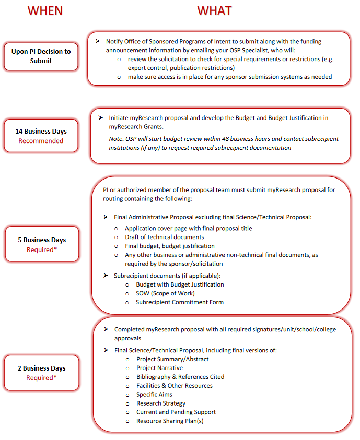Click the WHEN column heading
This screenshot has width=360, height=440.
[x=45, y=10]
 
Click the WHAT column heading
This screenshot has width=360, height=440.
[x=214, y=10]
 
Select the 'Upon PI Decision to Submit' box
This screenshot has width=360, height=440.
[x=41, y=56]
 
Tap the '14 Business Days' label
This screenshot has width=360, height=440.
[x=41, y=132]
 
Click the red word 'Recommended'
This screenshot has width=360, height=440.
[x=41, y=141]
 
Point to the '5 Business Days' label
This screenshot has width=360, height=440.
[x=42, y=240]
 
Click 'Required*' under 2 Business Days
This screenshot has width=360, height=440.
[x=41, y=378]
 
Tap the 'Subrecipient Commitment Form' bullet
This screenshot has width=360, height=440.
[x=179, y=302]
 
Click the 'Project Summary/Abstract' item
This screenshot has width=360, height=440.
[x=172, y=359]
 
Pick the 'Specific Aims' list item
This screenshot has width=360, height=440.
[x=154, y=395]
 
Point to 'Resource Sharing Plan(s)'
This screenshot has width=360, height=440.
[x=170, y=421]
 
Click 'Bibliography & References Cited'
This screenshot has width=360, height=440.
[x=180, y=377]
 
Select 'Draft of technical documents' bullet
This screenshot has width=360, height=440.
[x=164, y=237]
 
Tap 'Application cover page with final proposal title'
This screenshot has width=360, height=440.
[x=188, y=228]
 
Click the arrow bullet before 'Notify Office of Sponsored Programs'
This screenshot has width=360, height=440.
[x=97, y=41]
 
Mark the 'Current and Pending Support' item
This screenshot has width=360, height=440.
[x=176, y=412]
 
